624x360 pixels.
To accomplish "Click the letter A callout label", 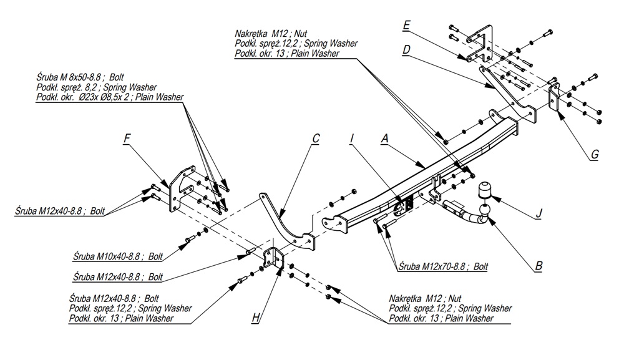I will coord(386,141).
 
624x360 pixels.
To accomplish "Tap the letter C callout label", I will coord(316,138).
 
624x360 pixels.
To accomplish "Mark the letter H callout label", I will coord(256,318).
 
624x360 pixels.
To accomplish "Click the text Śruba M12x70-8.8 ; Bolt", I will coord(443,266).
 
